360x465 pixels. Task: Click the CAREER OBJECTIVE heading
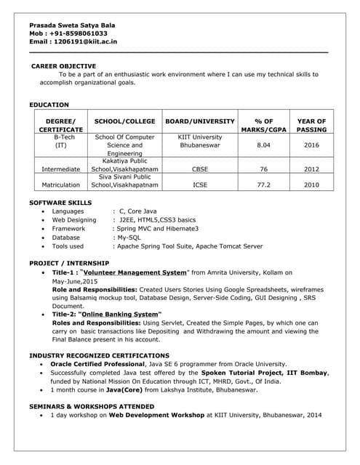click(63, 66)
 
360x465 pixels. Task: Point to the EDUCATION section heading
click(49, 105)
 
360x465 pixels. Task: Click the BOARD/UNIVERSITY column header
click(200, 121)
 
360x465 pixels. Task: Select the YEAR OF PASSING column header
click(311, 125)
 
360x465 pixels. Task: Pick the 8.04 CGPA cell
click(263, 145)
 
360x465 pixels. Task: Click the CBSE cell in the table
click(200, 169)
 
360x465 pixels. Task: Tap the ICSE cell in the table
click(200, 185)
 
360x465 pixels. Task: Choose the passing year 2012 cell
click(311, 169)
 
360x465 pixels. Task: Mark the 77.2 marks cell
click(263, 185)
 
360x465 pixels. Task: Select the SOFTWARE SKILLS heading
click(60, 202)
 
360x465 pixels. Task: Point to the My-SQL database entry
click(127, 237)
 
